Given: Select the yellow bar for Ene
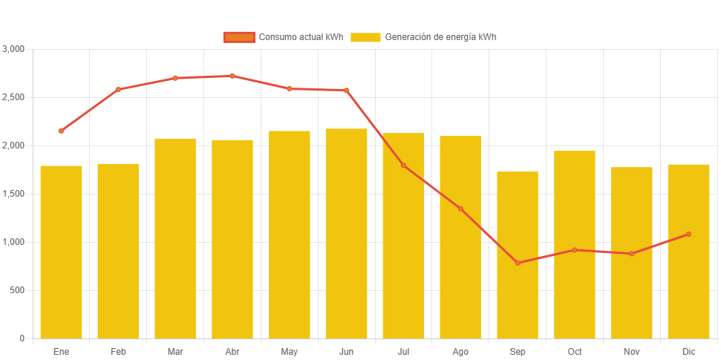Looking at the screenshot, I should [61, 252].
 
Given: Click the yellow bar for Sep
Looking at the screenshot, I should [518, 255].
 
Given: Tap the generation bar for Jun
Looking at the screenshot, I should [346, 234].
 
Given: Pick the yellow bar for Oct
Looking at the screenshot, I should [575, 245].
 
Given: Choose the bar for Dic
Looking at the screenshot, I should [688, 252].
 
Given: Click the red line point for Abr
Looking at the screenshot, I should [232, 76].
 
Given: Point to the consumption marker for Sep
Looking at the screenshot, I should [518, 263].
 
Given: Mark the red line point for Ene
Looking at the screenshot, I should [61, 131].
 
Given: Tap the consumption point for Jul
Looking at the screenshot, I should [403, 165].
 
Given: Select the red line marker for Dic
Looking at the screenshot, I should [688, 235].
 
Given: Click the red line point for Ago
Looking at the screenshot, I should [460, 209].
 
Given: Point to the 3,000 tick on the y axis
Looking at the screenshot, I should [14, 49].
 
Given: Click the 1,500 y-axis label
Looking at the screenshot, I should [14, 194].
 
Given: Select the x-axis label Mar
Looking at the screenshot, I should [175, 351].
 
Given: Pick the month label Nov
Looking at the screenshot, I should [631, 351].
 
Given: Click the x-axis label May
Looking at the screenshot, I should [289, 351].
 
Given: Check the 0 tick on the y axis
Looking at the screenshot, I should [22, 338].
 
